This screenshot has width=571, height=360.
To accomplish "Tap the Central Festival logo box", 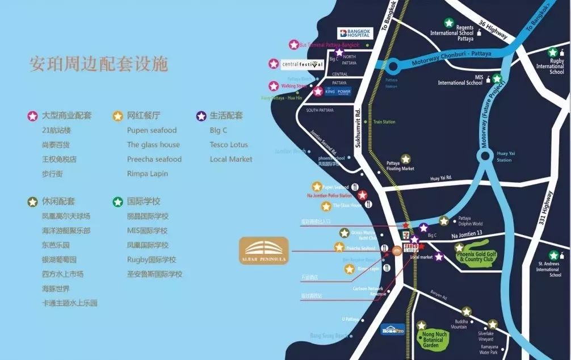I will pos(303,64).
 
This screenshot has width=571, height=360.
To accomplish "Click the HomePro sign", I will pos(393,329).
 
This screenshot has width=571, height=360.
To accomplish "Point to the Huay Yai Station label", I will pos(504,157).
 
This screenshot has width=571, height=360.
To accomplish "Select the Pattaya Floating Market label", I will pos(400,166).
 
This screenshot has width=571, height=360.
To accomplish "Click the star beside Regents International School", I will pos(449,23).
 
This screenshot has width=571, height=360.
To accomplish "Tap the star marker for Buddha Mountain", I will pos(466,312).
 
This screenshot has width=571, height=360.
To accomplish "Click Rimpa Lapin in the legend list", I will pos(147,174).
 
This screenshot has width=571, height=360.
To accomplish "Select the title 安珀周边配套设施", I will pos(99,64).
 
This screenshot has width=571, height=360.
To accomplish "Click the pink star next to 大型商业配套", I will pos(33,116).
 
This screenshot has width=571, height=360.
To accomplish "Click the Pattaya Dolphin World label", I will pos(470,220).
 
